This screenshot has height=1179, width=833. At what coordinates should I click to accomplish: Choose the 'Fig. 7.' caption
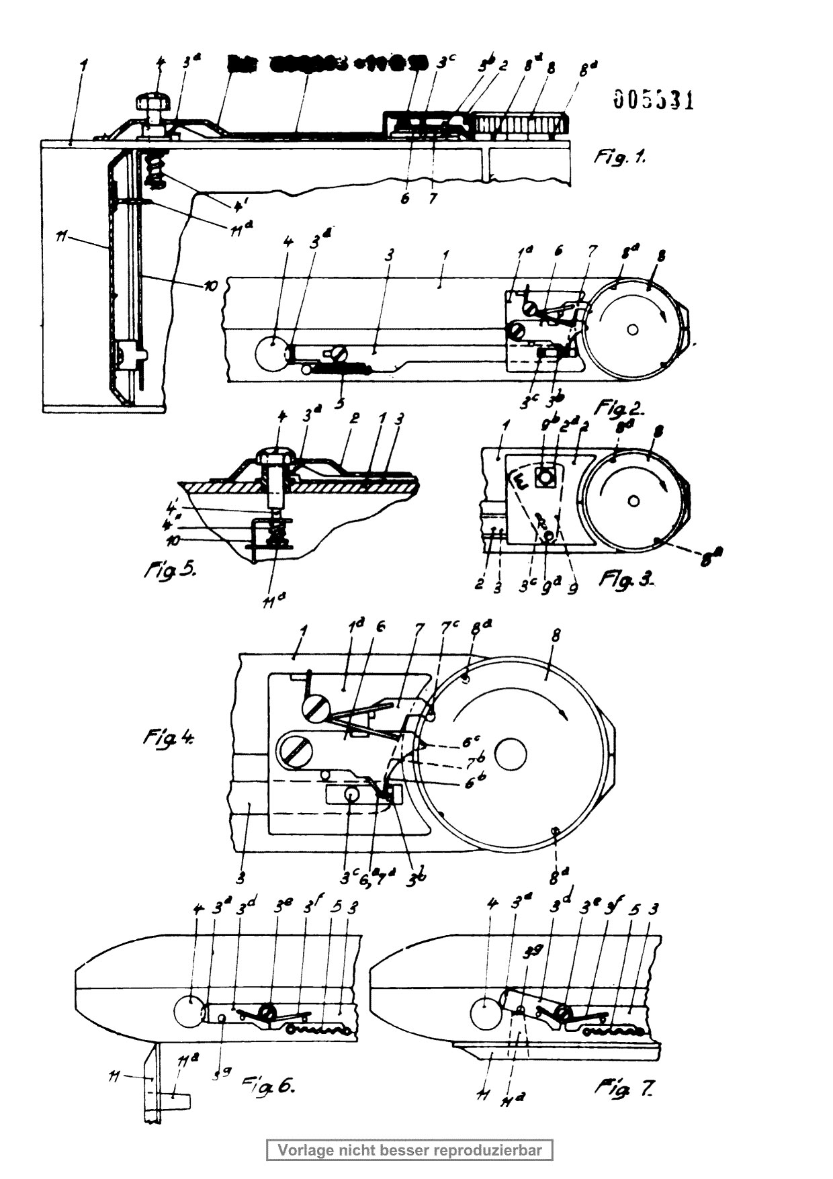[x=623, y=1088]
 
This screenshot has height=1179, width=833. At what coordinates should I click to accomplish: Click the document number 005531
[x=653, y=99]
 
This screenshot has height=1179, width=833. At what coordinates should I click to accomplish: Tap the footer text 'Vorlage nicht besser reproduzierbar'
[x=410, y=1150]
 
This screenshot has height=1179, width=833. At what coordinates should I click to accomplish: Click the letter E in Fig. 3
[x=519, y=482]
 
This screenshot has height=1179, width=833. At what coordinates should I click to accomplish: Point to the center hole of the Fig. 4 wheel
[x=511, y=752]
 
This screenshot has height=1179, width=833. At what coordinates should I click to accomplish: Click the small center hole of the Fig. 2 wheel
[x=631, y=329]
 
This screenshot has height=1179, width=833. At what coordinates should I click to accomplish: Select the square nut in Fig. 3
[x=545, y=478]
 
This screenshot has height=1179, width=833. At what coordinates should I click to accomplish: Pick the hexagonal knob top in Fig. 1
[x=155, y=102]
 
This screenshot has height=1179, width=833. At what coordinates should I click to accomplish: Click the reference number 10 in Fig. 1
[x=210, y=287]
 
